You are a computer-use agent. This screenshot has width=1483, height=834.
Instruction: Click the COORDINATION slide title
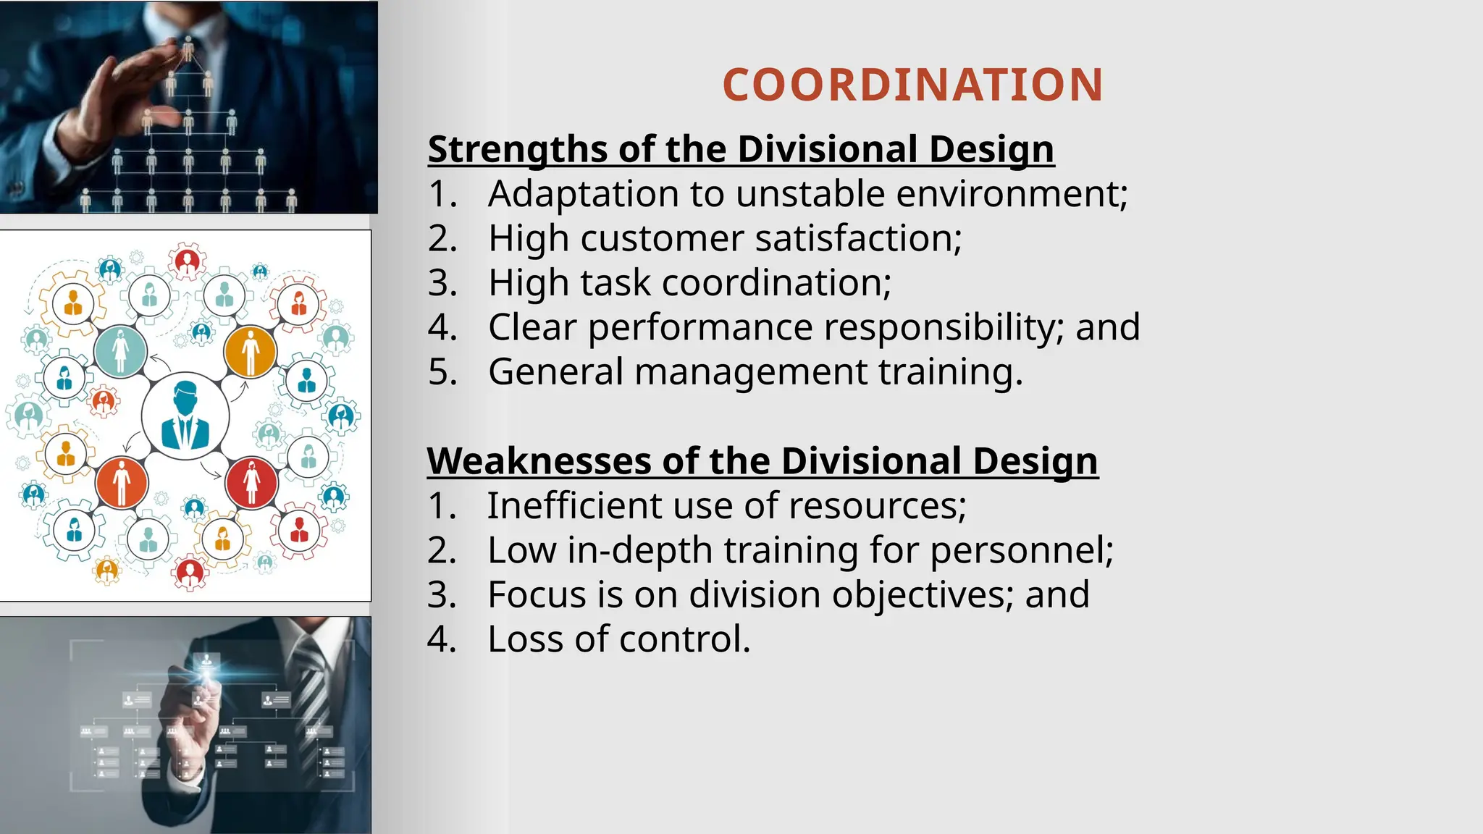(x=912, y=85)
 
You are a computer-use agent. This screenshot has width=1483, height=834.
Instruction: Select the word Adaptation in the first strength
(x=569, y=194)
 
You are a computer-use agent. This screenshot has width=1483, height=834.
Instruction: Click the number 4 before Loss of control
(x=441, y=639)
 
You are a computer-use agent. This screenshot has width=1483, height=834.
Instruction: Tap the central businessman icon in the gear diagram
(x=185, y=416)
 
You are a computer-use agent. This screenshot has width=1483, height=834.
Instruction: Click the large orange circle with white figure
(x=250, y=351)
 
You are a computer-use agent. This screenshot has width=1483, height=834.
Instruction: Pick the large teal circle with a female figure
(x=120, y=351)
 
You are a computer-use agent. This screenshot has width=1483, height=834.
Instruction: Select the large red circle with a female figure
(x=251, y=482)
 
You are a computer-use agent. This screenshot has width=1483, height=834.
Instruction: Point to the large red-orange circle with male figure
(x=122, y=482)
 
